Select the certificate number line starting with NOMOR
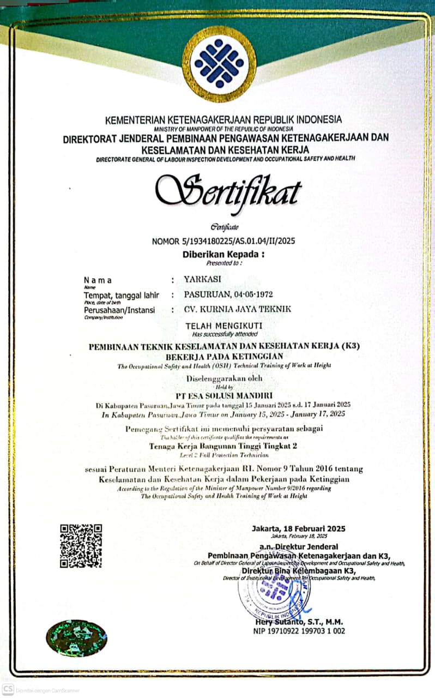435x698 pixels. click(x=223, y=241)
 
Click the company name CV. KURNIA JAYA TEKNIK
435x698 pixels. click(x=238, y=309)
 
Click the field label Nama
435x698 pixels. click(x=98, y=280)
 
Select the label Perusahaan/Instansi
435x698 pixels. click(x=119, y=310)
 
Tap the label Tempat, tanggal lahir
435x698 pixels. click(x=121, y=295)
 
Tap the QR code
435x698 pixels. click(x=81, y=546)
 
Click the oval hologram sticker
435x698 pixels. click(x=76, y=637)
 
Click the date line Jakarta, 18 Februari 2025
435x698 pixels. click(x=298, y=528)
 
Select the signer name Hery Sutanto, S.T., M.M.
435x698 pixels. click(x=299, y=622)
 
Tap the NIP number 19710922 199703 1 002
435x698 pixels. click(x=299, y=631)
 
